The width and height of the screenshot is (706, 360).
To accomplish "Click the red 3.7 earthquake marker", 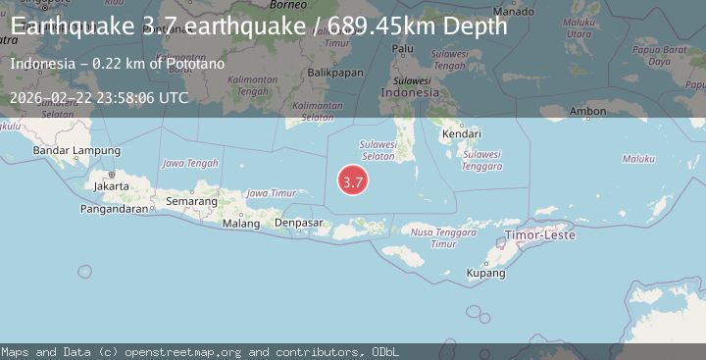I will (353, 181).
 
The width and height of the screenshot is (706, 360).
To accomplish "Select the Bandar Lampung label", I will (76, 151).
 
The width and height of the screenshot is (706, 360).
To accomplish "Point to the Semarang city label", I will (191, 201).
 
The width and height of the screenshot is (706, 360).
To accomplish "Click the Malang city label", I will (241, 224).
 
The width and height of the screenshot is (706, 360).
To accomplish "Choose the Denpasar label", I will (299, 224).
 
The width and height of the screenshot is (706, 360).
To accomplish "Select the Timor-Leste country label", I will (540, 235).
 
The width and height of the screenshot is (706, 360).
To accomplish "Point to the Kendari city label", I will (461, 132).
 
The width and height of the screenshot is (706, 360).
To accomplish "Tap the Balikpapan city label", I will (328, 46).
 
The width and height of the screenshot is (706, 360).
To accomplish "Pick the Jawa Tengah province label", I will (189, 163).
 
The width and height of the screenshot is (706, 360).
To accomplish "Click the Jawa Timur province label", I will (271, 193).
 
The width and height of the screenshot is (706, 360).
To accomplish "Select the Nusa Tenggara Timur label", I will (434, 238).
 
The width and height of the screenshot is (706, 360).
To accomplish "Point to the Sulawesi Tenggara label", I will (481, 160).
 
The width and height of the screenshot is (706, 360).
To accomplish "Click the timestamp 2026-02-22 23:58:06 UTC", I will (99, 98).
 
